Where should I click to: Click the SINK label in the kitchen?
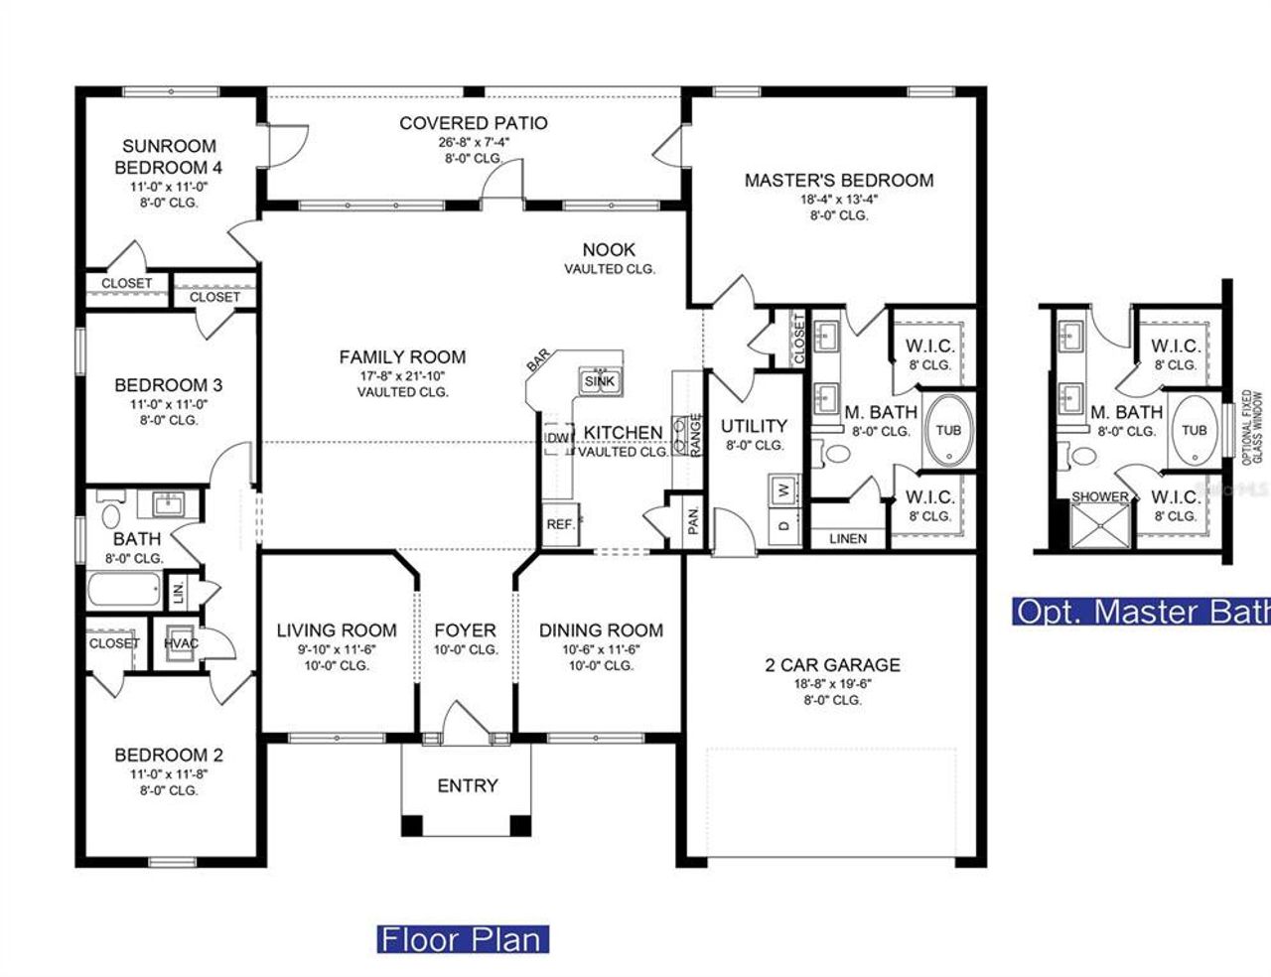tap(599, 381)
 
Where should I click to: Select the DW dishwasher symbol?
tap(557, 438)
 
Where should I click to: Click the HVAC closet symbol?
tap(181, 642)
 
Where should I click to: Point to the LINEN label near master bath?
tap(847, 539)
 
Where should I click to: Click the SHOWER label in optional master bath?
tap(1099, 496)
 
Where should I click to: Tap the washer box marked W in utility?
tap(783, 489)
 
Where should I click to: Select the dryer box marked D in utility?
tap(783, 524)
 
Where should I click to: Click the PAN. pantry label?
tap(694, 517)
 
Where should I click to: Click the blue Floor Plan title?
tap(463, 938)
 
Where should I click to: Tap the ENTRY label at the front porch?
tap(467, 785)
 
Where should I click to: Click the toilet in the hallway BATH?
tap(110, 516)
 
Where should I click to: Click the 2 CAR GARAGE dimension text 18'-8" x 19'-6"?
tap(832, 683)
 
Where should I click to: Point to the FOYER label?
tap(465, 630)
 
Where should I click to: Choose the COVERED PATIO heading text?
tap(473, 123)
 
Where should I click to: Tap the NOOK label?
tap(609, 250)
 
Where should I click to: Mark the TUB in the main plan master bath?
tap(948, 430)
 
